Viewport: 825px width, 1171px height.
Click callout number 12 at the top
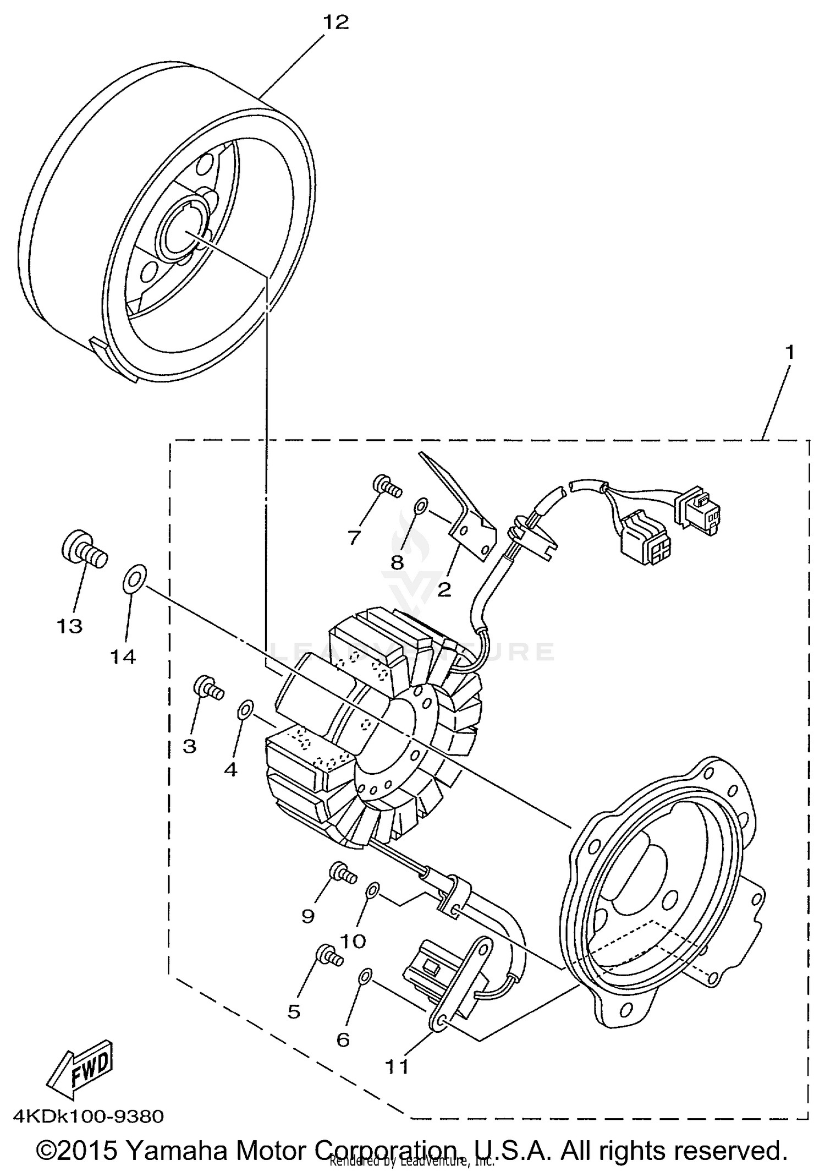pyautogui.click(x=336, y=23)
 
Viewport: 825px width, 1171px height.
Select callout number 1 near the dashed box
pyautogui.click(x=789, y=352)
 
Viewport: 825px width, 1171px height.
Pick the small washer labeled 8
pyautogui.click(x=421, y=505)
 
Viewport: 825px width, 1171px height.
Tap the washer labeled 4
pyautogui.click(x=245, y=710)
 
